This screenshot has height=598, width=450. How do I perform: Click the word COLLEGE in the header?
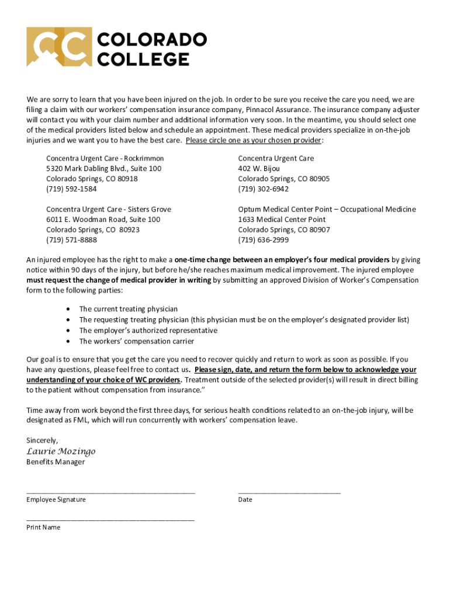coord(143,58)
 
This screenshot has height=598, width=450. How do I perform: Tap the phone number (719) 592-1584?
coord(71,189)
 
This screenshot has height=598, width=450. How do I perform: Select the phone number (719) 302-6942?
coord(263,189)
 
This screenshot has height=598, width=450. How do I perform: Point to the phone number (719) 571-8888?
coord(71,240)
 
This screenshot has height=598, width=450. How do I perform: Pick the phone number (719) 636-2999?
coord(263,240)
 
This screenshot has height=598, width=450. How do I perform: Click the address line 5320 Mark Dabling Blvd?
coord(103,169)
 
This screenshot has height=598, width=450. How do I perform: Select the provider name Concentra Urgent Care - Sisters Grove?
coord(108,209)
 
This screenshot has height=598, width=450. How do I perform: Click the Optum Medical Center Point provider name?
coord(327,209)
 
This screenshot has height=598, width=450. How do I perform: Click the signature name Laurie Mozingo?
coord(61,451)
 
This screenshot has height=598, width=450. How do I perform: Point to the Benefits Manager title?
coord(56,462)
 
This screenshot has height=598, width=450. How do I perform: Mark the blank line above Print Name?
coord(110,519)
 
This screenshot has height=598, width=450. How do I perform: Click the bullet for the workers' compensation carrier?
coord(70,342)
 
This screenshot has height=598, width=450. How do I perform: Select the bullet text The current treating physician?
coord(128,309)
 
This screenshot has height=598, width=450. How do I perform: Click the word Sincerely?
coord(42,440)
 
